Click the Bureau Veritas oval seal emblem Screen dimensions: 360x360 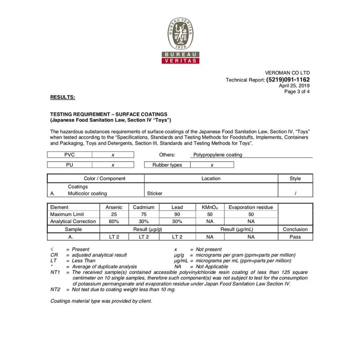(180, 34)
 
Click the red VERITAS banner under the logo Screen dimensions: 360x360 (180, 61)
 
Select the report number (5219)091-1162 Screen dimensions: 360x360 (288, 80)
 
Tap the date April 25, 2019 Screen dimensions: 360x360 (294, 86)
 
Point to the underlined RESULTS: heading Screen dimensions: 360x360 (62, 97)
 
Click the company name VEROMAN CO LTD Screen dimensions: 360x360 (287, 73)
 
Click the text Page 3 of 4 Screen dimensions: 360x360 (297, 92)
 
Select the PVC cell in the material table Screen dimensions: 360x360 (70, 155)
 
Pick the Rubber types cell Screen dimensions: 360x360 (167, 165)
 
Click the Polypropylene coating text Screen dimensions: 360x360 (218, 155)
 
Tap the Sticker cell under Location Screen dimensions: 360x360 (155, 194)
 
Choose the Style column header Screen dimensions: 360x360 (295, 178)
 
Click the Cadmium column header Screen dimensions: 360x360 (144, 207)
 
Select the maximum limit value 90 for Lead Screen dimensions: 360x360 (177, 214)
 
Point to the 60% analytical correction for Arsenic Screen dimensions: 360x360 (114, 221)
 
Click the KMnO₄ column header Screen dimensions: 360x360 (210, 207)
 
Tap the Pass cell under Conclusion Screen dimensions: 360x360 (295, 237)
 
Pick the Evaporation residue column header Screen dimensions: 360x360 (251, 207)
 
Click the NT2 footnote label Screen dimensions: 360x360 (55, 290)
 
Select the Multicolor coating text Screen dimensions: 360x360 (87, 194)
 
